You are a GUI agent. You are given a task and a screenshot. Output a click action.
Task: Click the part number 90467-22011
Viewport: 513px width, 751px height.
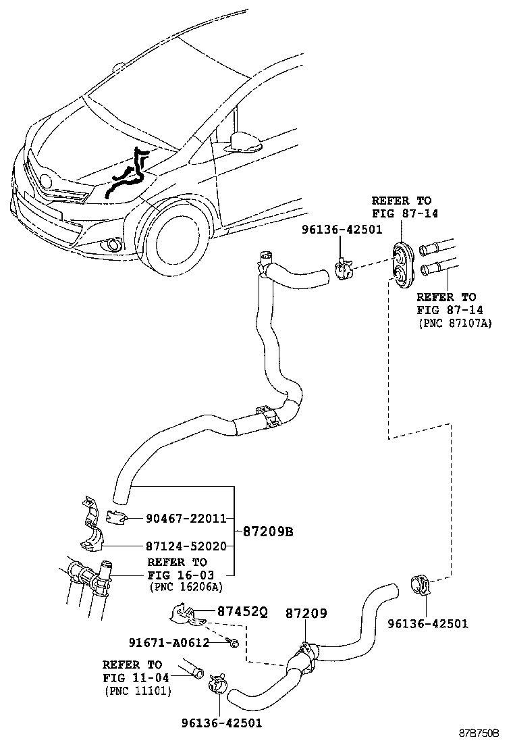(186, 518)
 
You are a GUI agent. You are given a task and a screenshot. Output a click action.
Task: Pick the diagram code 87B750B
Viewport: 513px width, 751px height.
(479, 733)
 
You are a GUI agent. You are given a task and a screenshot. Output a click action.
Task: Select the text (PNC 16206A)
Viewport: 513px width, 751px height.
(185, 587)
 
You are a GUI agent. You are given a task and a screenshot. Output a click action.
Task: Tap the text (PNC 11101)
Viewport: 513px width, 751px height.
(138, 691)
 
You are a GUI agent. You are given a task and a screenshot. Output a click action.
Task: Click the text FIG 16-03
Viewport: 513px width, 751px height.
(177, 575)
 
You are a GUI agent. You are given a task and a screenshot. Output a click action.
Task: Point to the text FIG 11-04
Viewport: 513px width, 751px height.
(132, 678)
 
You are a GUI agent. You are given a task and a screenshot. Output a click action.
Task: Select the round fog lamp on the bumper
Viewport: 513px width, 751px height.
(111, 245)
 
